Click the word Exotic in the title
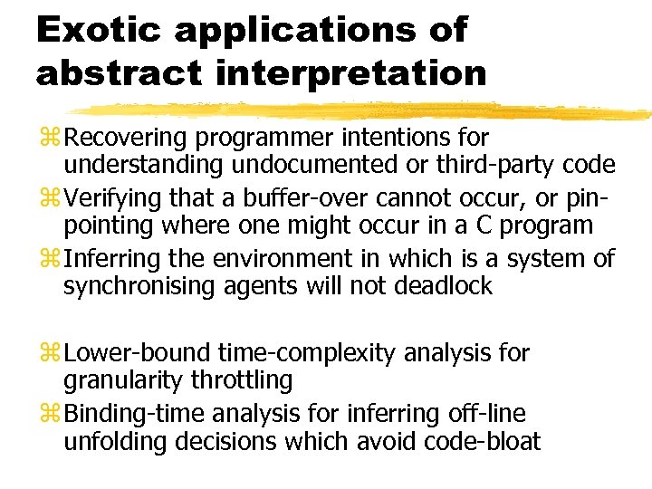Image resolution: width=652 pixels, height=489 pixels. click(95, 30)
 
